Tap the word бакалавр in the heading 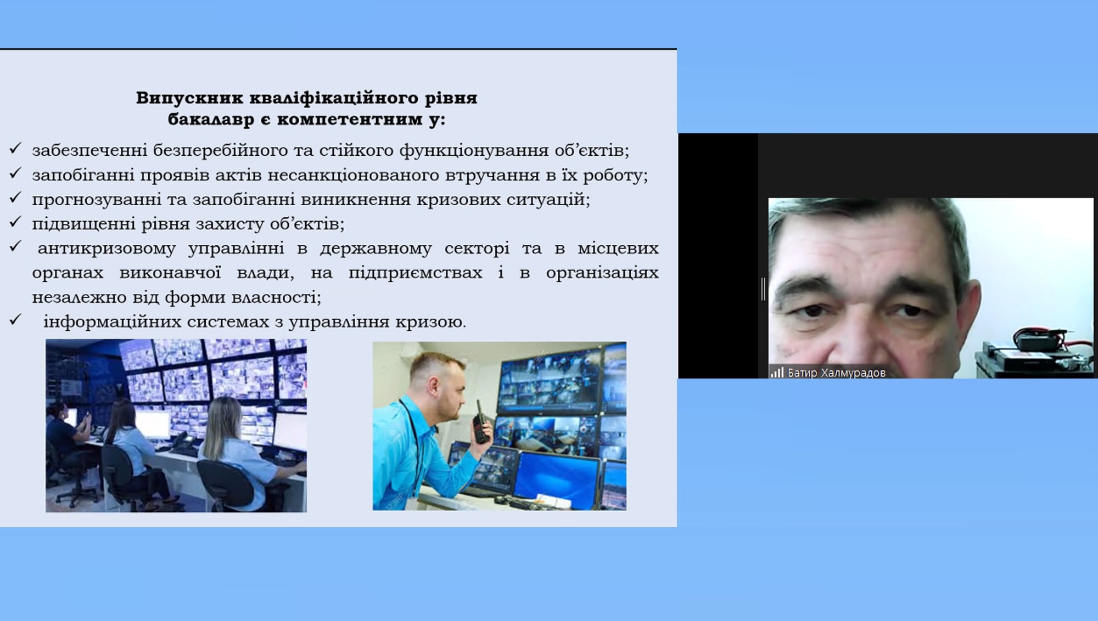[x=211, y=120]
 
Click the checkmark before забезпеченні [x=15, y=148]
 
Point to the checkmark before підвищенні [x=15, y=222]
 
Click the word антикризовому [x=107, y=249]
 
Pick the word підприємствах [x=415, y=273]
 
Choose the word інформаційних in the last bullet [x=113, y=322]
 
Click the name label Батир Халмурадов [x=837, y=373]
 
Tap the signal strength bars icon [x=777, y=372]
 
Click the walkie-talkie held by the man [x=481, y=422]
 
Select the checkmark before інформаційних [x=15, y=319]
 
